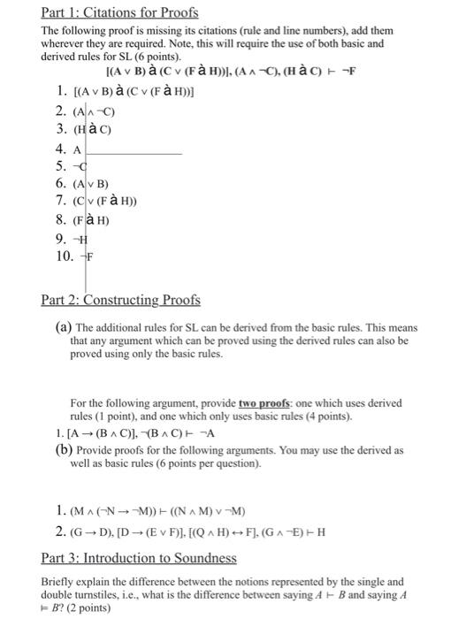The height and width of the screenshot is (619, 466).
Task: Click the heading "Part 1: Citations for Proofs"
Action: point(120,12)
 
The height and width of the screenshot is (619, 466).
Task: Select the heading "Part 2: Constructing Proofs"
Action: point(122,300)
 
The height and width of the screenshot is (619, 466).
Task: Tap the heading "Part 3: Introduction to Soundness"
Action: point(139,558)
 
